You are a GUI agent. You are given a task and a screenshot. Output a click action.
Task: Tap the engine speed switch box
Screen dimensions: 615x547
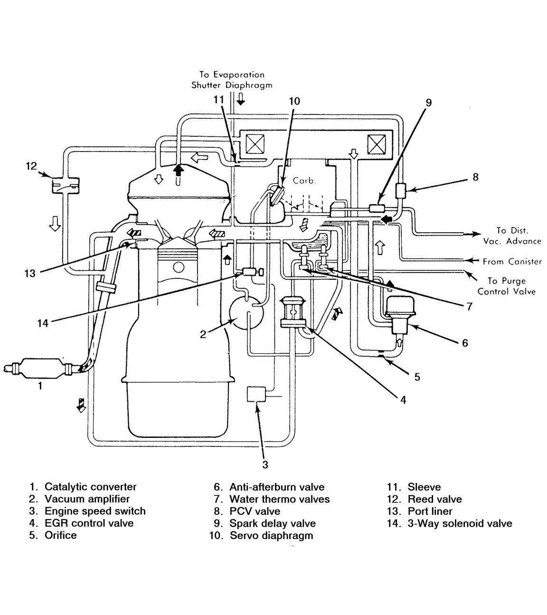tap(256, 395)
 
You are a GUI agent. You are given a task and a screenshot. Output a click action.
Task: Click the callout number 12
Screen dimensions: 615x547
tap(31, 166)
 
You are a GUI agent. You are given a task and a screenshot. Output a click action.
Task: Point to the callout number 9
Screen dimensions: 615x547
tap(429, 102)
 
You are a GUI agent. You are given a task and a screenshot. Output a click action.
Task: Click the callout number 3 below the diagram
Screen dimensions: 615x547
tap(265, 464)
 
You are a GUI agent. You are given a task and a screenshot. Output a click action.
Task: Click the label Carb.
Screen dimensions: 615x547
tap(304, 181)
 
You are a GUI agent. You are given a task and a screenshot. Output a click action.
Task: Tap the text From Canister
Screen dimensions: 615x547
tap(512, 261)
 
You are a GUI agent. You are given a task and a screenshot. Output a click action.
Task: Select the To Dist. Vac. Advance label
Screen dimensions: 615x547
tap(512, 236)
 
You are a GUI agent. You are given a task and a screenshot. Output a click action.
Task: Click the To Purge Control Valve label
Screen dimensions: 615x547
tap(506, 286)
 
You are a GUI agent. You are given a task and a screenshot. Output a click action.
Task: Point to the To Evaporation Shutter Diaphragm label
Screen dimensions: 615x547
tap(232, 80)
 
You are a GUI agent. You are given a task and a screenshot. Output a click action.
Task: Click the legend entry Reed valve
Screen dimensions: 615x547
tap(434, 499)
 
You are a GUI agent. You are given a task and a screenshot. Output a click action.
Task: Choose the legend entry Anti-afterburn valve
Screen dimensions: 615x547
tap(277, 487)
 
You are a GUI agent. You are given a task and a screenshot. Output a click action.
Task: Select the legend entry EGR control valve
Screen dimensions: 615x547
tap(89, 523)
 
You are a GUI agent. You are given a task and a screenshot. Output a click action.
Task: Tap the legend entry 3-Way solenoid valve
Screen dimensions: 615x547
tap(460, 523)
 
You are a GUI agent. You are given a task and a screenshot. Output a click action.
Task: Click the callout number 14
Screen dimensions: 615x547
tap(43, 323)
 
